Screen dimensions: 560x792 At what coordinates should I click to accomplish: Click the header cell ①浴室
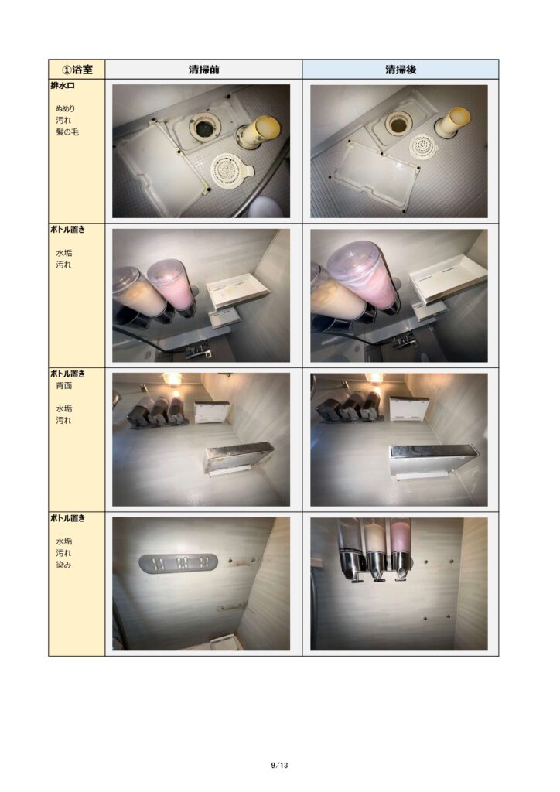77,69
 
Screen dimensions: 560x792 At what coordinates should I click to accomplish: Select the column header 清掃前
204,70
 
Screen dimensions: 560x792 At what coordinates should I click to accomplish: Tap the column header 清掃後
401,70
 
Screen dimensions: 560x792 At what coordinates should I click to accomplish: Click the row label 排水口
63,86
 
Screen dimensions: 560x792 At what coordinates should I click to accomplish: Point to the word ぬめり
65,108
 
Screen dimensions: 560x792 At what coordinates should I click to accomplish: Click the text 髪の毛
67,131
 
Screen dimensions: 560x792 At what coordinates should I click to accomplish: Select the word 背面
63,385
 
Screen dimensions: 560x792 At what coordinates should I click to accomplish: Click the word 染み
63,565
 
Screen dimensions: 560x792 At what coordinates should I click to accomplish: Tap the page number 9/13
279,765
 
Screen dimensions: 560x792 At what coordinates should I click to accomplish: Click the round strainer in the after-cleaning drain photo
423,146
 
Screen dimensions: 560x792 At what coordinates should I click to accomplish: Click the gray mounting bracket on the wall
178,563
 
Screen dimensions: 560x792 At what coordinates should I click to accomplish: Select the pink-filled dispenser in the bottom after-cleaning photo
401,549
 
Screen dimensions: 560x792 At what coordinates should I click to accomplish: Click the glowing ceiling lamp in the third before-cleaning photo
172,379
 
